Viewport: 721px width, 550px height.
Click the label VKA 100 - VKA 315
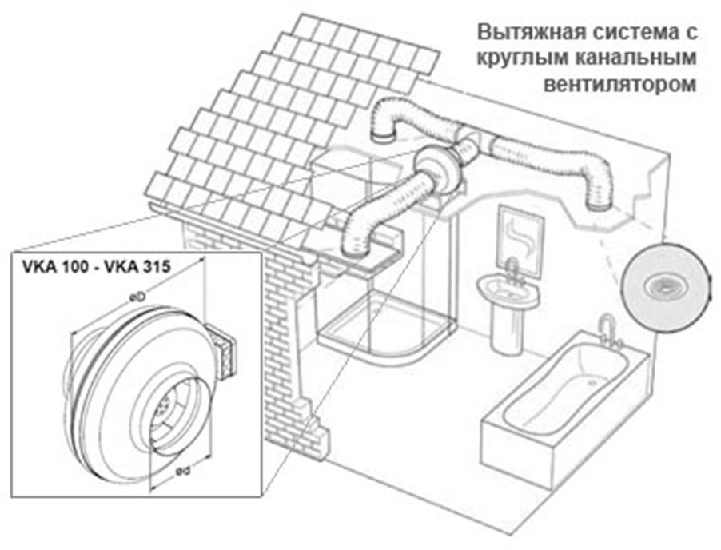[x=94, y=267]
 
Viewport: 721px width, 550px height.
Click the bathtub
[x=560, y=408]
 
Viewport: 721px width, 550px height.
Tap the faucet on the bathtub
[x=609, y=329]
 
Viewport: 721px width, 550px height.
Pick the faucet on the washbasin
[x=513, y=269]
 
